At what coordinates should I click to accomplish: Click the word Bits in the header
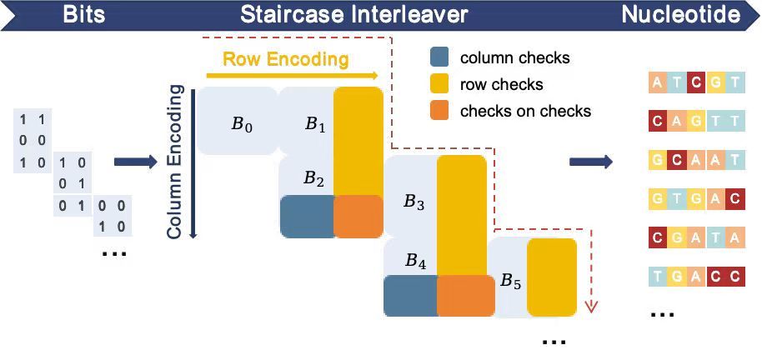pos(83,14)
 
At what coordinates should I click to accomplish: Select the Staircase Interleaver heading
pos(354,14)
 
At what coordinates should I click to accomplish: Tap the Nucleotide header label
pos(680,14)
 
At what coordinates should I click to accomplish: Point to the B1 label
pos(314,125)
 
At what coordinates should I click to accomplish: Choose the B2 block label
pos(313,177)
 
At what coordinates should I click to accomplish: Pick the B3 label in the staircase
pos(414,202)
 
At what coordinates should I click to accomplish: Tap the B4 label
pos(416,261)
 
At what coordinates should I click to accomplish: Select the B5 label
pos(510,282)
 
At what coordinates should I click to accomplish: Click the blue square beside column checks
pos(439,58)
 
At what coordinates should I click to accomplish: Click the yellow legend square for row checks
pos(439,84)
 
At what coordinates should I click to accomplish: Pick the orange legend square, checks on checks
pos(439,111)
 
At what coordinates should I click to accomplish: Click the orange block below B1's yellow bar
pos(358,216)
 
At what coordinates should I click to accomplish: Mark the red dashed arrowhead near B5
pos(591,306)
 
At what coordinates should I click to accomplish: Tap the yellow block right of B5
pos(551,277)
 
